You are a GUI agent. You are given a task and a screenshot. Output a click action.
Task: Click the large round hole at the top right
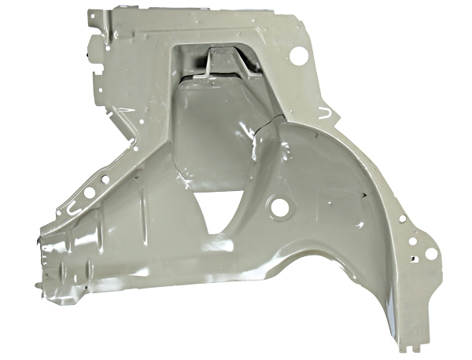299,56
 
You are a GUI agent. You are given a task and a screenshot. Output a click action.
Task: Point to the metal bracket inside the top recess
216,64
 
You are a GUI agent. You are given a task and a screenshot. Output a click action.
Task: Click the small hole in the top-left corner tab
96,17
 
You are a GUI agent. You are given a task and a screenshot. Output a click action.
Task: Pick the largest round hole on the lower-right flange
430,253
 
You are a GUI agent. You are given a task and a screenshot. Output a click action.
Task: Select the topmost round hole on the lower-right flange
402,219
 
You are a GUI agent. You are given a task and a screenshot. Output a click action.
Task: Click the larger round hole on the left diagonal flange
89,192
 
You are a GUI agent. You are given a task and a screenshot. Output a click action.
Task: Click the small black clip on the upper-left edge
86,56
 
